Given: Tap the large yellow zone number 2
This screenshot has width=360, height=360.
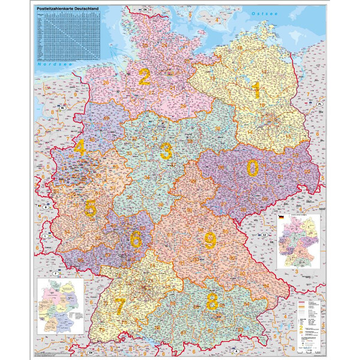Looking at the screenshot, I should pos(144,77).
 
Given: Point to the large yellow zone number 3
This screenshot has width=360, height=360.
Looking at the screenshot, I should pos(166,151).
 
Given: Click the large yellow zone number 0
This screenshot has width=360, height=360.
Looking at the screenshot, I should pos(253,168).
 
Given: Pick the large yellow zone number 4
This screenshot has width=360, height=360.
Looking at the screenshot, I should pos(79,147).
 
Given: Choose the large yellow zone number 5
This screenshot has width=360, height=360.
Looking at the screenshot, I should pos(90,209).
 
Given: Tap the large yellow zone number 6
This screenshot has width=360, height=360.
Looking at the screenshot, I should pos(136,239).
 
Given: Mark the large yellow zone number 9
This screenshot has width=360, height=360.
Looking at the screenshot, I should pos(209,240).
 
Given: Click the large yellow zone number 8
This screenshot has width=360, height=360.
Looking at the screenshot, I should pos(212,301).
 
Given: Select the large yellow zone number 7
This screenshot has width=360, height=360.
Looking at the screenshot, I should pos(120,306).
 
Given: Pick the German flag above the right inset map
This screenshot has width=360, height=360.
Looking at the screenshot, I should pos(281,216).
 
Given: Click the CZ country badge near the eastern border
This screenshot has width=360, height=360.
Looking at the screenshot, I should pos(265,234).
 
